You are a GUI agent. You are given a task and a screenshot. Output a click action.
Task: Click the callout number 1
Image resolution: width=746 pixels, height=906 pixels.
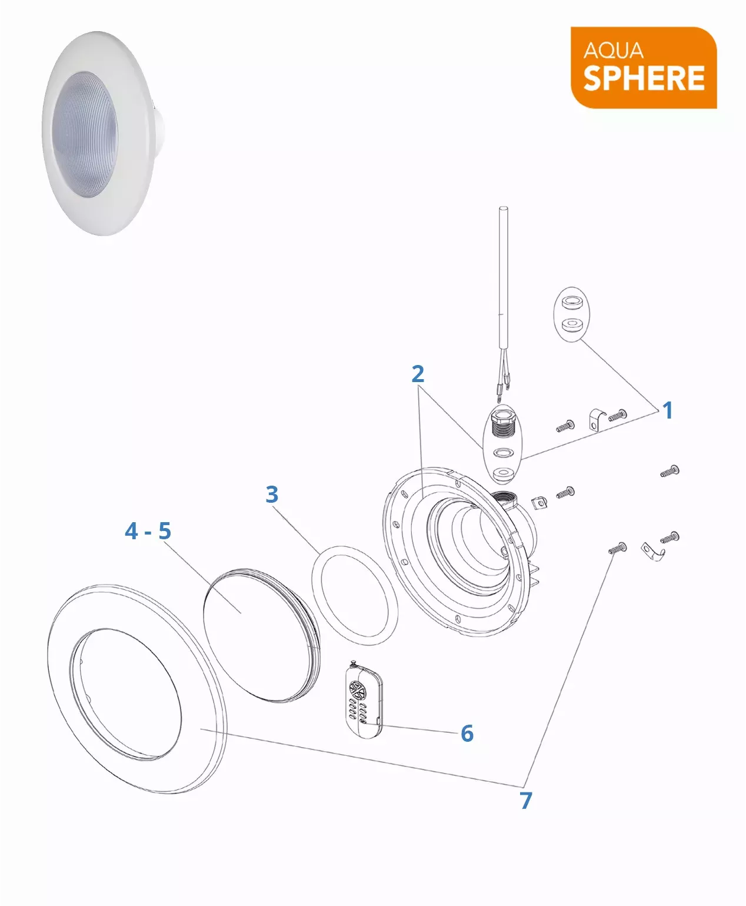tap(668, 410)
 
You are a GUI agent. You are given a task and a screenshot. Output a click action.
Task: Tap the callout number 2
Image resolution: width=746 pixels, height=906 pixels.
tap(418, 374)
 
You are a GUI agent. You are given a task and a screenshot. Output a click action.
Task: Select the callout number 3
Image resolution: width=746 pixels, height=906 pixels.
tap(272, 495)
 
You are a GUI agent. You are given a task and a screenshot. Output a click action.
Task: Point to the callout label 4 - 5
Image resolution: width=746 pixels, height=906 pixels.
tap(148, 530)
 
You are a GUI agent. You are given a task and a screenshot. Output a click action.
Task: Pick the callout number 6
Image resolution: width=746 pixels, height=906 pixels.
tap(467, 734)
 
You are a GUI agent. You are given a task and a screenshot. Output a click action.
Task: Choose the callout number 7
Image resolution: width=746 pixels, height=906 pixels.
tap(526, 801)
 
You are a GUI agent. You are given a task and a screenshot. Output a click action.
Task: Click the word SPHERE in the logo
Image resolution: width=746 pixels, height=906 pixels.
tap(644, 78)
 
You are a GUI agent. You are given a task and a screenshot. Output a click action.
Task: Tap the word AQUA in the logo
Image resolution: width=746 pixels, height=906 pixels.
tap(613, 51)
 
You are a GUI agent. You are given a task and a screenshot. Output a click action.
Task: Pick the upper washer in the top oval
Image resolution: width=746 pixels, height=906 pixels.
tap(572, 302)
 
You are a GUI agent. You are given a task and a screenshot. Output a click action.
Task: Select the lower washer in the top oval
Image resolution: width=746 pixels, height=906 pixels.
tap(572, 324)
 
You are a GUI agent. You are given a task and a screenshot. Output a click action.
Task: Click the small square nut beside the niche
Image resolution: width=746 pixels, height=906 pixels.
tap(539, 503)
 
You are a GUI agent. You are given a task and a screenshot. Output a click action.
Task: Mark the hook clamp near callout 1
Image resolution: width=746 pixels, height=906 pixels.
tap(596, 420)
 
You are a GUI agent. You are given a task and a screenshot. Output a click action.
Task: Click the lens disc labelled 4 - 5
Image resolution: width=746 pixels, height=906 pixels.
tap(262, 636)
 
